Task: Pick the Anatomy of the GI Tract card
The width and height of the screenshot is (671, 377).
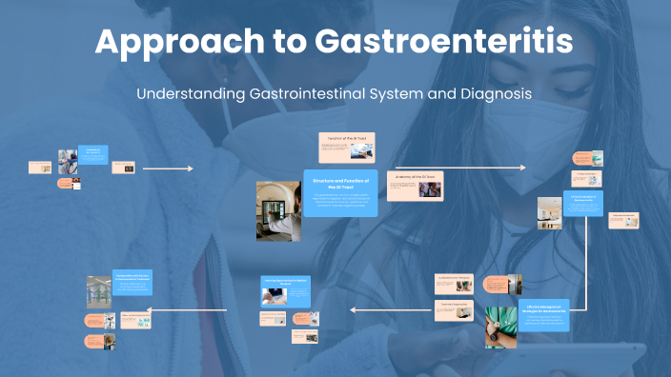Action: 416,185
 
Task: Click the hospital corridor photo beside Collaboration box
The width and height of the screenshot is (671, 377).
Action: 98,291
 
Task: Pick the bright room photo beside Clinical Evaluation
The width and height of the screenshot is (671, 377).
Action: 549,210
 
